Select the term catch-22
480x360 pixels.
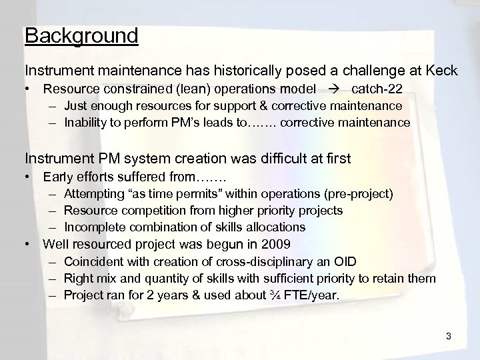click(x=379, y=89)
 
